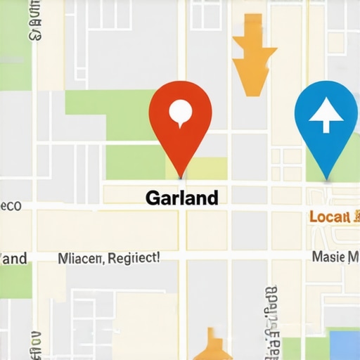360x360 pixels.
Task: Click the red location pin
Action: [x=181, y=116]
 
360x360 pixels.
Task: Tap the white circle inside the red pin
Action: [x=181, y=110]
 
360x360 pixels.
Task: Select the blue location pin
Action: [x=326, y=120]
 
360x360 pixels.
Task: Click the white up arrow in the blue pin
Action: [x=326, y=115]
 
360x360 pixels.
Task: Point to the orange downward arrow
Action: [x=250, y=60]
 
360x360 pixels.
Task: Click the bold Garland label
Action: [x=181, y=198]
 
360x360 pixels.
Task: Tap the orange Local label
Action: [x=329, y=217]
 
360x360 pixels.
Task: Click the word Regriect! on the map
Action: [x=135, y=258]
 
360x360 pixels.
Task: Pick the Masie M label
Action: [x=335, y=258]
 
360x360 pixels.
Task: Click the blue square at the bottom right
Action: [x=345, y=345]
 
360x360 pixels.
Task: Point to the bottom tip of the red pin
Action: [x=181, y=176]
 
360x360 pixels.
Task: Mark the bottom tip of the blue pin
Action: [x=326, y=178]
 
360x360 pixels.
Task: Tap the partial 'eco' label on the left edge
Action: [x=11, y=206]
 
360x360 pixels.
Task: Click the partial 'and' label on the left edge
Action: [x=14, y=258]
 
